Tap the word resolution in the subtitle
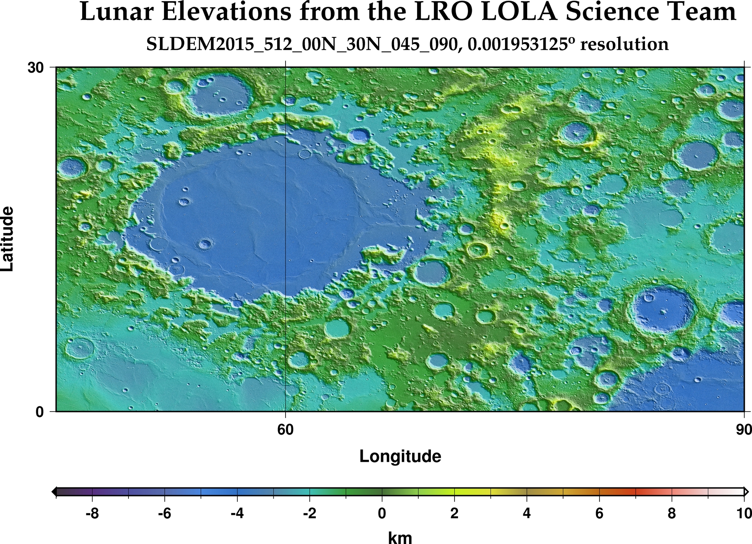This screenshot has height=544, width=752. tap(624, 44)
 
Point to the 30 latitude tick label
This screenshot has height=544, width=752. tap(35, 68)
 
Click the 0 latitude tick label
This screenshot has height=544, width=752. tap(40, 412)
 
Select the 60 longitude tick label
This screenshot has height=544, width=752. tap(286, 430)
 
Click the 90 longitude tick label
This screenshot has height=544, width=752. tap(743, 430)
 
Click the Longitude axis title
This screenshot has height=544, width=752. tap(400, 456)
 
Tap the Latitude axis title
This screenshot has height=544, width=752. tap(8, 239)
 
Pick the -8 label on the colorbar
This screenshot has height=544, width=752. tap(92, 514)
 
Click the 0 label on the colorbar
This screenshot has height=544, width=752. tap(382, 514)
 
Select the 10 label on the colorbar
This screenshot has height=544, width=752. tap(743, 514)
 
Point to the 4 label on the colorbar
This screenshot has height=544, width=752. tap(526, 514)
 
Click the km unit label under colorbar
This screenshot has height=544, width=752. tap(400, 537)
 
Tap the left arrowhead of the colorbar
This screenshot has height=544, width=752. tap(54, 492)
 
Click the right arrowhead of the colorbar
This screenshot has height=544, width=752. tap(746, 492)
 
